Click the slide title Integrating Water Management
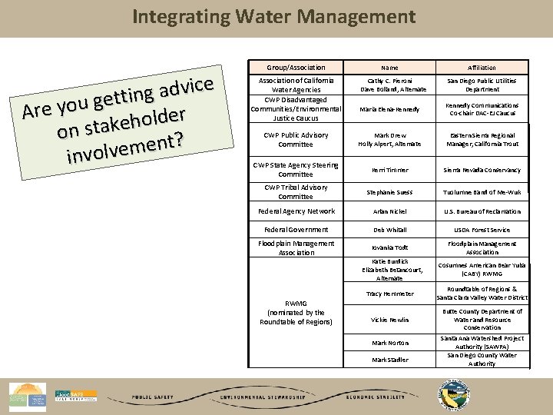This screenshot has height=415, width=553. [274, 16]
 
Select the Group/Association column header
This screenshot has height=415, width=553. [296, 68]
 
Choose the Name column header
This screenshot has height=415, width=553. [390, 68]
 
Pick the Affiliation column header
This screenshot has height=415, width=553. [482, 68]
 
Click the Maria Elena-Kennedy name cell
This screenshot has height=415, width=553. [390, 109]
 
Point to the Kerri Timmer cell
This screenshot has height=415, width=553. [390, 170]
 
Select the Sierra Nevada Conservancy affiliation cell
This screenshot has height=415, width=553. [482, 170]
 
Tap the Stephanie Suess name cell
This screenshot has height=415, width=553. [390, 192]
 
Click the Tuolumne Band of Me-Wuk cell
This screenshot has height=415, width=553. [482, 192]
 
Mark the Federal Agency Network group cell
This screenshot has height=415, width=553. [296, 211]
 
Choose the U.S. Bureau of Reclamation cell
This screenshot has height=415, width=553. [482, 211]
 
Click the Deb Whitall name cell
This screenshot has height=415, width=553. [390, 230]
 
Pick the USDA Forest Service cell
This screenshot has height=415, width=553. [482, 230]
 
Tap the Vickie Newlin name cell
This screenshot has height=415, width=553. [390, 320]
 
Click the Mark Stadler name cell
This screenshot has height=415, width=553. [390, 359]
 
